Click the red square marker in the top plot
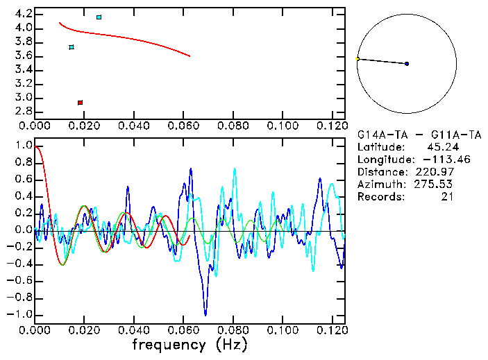(x=80, y=103)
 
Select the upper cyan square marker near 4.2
(x=99, y=17)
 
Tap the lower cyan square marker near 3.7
(x=71, y=47)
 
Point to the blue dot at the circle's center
(x=407, y=64)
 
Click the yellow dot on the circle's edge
(x=357, y=59)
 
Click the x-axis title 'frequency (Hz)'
(x=190, y=344)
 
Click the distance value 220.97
(x=443, y=172)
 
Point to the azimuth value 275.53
(x=443, y=185)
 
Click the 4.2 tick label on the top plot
(x=22, y=14)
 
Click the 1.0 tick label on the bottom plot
(x=22, y=146)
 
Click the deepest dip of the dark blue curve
(x=205, y=314)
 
